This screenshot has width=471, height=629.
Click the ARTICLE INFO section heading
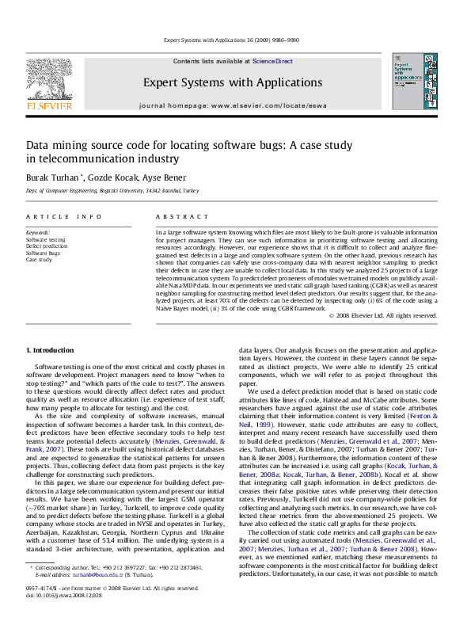64,216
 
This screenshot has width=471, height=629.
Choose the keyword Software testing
46,238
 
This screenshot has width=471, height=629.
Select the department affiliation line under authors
112,191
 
